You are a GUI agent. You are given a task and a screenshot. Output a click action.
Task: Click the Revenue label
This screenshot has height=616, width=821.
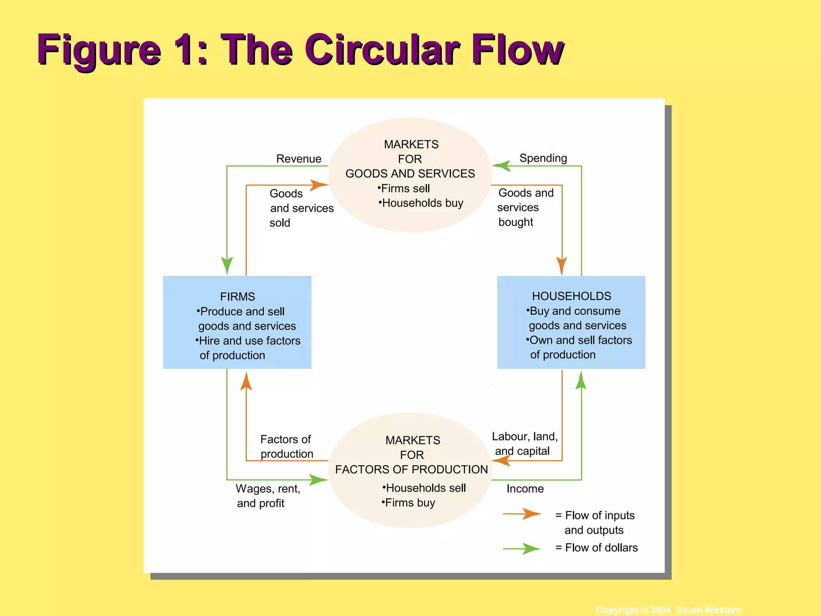click(299, 159)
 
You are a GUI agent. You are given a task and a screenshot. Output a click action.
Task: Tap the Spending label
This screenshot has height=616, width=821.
click(543, 158)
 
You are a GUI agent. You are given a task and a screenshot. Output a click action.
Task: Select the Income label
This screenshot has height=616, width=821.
click(525, 488)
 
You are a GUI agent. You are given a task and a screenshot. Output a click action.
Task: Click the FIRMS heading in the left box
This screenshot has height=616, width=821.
click(237, 297)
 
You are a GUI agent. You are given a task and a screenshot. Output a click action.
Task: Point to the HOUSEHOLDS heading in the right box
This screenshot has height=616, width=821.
click(571, 296)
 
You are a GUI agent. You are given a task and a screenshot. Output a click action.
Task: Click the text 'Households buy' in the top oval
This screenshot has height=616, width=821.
click(422, 203)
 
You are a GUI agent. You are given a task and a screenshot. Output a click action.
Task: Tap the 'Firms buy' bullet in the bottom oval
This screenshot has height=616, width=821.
click(409, 503)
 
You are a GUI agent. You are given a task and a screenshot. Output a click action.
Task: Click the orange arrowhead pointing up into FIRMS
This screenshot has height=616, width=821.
click(246, 381)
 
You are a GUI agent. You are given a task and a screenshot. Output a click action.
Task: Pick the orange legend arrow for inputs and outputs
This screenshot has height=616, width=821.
click(523, 514)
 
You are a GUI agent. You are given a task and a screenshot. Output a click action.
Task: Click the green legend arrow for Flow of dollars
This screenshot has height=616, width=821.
click(523, 548)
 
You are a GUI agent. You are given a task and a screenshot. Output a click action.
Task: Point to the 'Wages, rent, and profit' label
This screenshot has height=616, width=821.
click(267, 496)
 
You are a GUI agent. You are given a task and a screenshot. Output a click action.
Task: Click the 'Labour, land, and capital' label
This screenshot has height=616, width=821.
click(524, 444)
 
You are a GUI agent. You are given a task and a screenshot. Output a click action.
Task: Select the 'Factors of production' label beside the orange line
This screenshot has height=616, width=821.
click(286, 446)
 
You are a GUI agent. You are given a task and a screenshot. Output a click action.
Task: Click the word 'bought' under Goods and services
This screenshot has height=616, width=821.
click(516, 222)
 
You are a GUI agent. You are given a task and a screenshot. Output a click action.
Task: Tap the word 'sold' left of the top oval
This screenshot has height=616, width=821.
click(279, 223)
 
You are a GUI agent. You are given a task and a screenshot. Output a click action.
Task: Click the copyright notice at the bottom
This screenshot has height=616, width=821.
click(668, 610)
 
